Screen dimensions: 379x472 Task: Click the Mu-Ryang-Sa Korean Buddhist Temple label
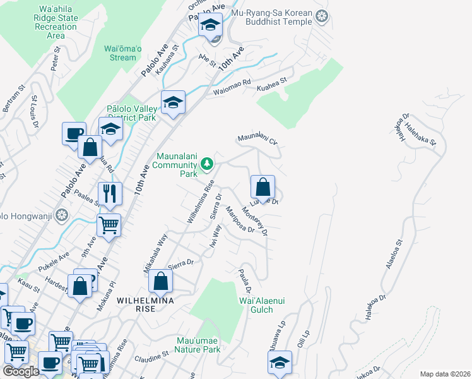click(x=272, y=17)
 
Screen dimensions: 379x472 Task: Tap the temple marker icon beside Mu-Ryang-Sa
click(x=323, y=17)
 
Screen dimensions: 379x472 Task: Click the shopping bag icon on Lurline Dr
click(x=263, y=187)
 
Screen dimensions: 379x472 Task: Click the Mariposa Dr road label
click(x=240, y=220)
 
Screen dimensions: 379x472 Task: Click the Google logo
click(x=21, y=371)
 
